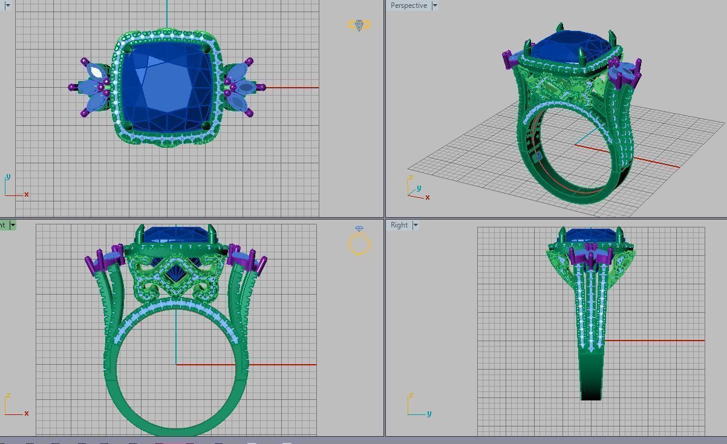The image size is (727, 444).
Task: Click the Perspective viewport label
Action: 408,5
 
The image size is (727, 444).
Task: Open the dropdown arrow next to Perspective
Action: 434,5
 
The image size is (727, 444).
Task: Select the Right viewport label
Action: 399,225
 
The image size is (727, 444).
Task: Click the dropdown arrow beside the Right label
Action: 416,225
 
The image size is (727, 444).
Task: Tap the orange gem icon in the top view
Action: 359,25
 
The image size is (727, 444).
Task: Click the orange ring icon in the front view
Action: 359,243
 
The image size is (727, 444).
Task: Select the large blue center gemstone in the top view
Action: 166,88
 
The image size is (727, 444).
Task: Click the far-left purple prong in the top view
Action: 73,88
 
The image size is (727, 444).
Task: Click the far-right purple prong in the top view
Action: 261,88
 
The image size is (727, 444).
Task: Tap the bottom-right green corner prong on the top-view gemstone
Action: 206,126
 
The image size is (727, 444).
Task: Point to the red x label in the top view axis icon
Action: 27,194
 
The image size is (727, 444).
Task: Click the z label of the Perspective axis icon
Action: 411,178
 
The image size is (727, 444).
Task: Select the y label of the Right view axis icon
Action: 429,414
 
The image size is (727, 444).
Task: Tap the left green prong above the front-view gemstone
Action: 141,233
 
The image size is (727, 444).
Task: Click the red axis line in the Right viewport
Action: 653,341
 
